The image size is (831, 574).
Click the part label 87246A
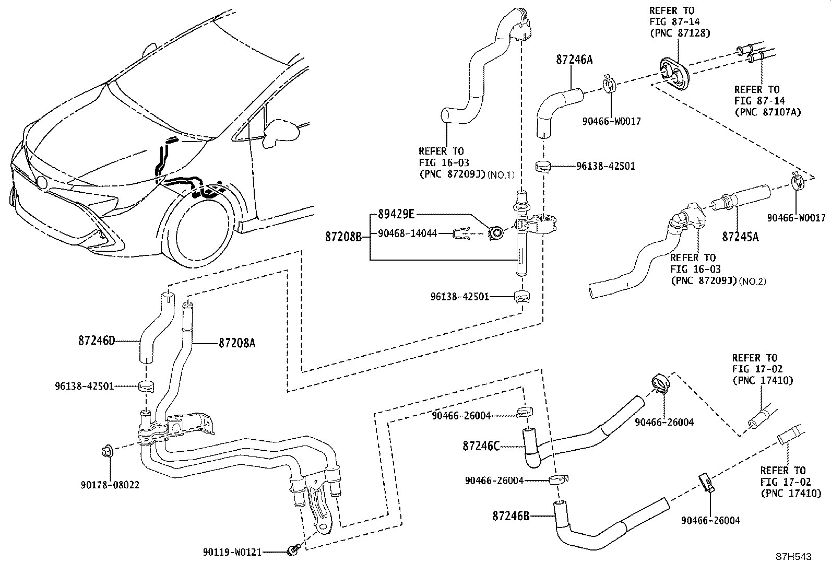click(x=574, y=60)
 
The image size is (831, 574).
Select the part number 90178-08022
click(x=110, y=485)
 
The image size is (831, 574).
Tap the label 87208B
click(x=343, y=237)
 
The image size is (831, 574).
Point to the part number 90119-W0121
click(x=232, y=552)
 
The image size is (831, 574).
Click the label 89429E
click(x=392, y=214)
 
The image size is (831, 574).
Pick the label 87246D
click(x=96, y=341)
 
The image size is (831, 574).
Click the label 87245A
click(x=740, y=237)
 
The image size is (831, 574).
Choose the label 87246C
click(x=481, y=446)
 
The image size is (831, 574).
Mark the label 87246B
click(x=511, y=516)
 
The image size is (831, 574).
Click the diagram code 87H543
click(x=793, y=557)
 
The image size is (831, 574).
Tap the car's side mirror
click(x=281, y=133)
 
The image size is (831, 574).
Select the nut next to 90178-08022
click(x=107, y=450)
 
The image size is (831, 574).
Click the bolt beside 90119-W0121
click(x=293, y=549)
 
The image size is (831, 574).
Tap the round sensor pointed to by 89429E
click(x=495, y=232)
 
